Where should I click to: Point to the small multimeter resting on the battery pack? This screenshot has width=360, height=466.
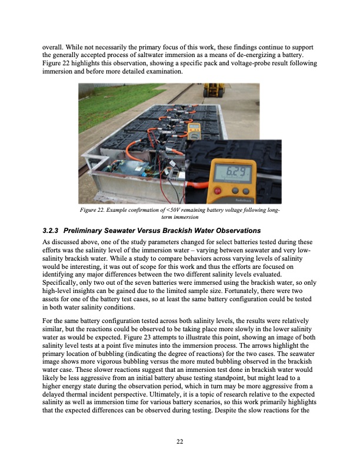(194, 132)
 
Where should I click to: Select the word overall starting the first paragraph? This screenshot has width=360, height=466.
(55, 46)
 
